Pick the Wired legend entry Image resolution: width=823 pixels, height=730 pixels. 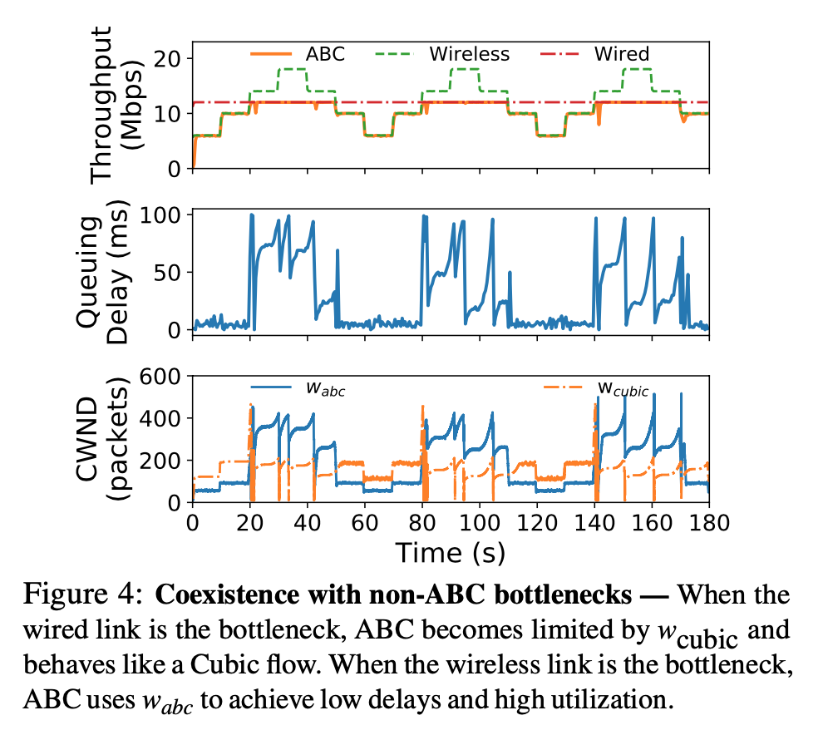(621, 55)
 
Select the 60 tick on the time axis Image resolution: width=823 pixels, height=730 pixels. (365, 523)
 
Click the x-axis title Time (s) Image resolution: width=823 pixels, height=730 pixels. (450, 552)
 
